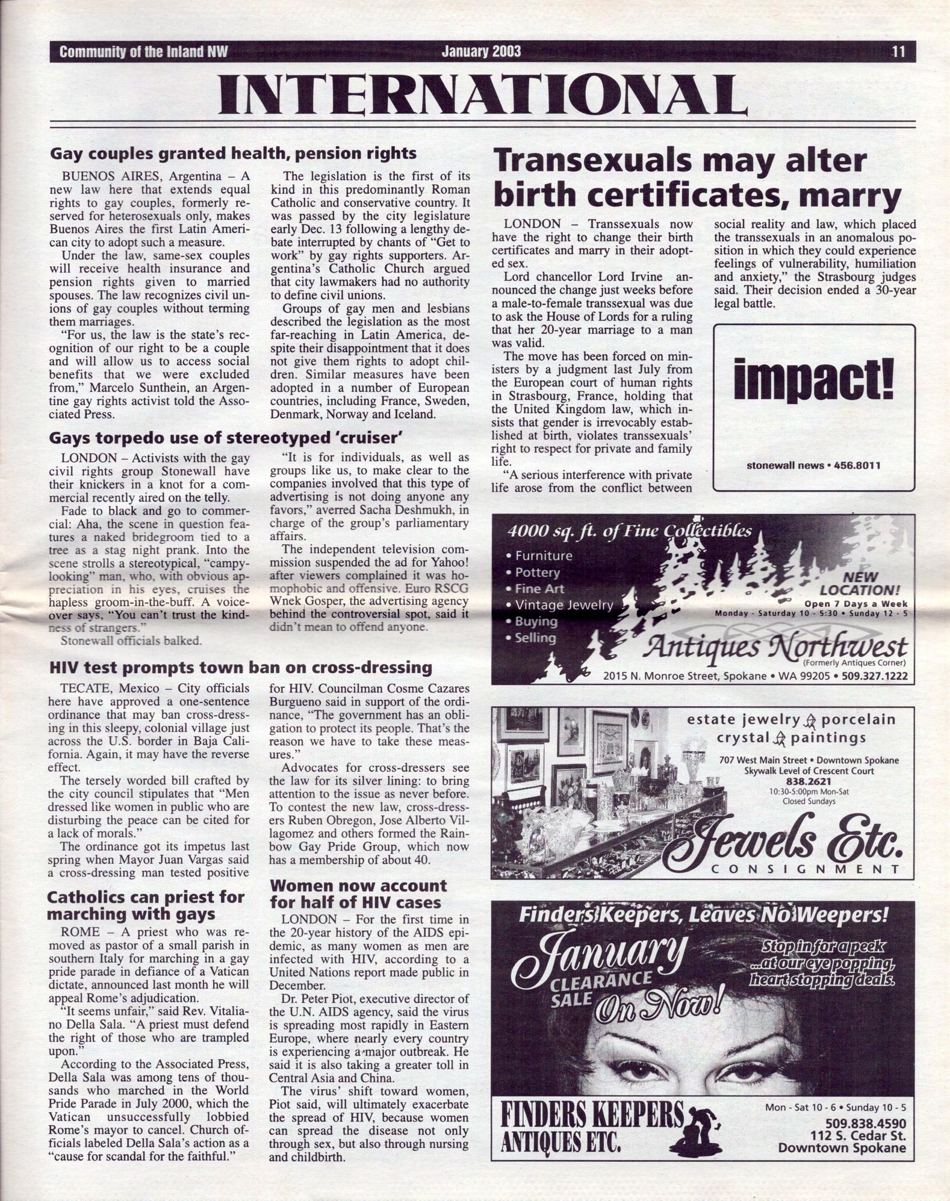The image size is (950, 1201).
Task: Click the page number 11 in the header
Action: click(898, 52)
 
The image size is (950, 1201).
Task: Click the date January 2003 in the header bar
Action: click(481, 52)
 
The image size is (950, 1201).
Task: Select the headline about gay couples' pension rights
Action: click(233, 154)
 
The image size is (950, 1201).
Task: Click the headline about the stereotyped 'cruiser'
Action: click(225, 436)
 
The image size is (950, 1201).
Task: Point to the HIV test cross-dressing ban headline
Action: click(240, 667)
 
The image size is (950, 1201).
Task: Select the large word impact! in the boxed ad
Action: click(814, 381)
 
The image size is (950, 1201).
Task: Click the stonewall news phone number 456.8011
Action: click(857, 465)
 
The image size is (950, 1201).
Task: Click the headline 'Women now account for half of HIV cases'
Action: click(358, 894)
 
